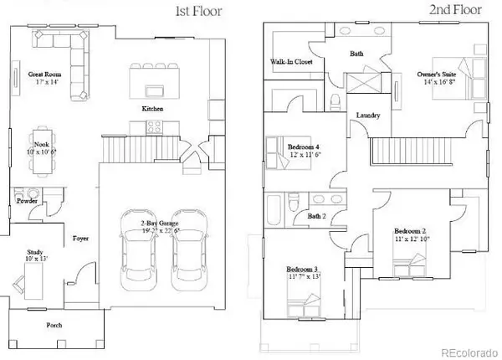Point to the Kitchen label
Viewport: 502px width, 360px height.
pyautogui.click(x=151, y=109)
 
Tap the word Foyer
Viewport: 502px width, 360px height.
pyautogui.click(x=81, y=239)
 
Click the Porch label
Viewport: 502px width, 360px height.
pyautogui.click(x=57, y=325)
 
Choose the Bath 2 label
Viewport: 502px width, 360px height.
pyautogui.click(x=294, y=216)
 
